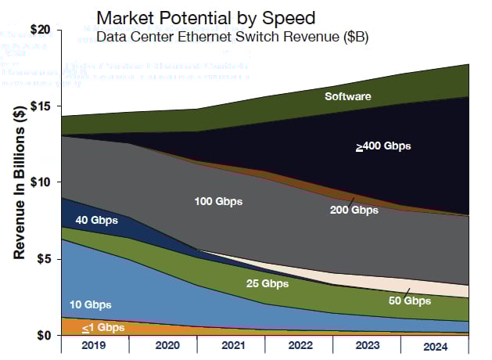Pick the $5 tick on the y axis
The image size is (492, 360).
(x=42, y=258)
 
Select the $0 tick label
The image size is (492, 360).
(x=42, y=335)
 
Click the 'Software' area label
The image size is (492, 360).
(x=348, y=97)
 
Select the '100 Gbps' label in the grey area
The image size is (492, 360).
(x=218, y=202)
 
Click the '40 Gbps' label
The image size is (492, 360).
(x=97, y=221)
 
